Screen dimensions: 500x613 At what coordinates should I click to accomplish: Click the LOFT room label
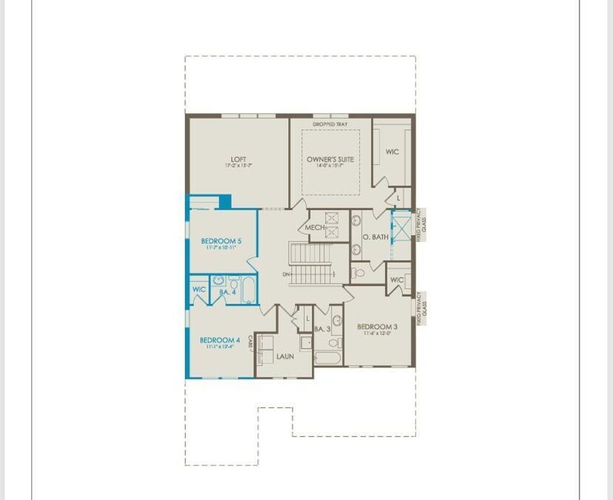pyautogui.click(x=238, y=159)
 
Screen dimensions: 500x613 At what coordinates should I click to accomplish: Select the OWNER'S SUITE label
pyautogui.click(x=330, y=159)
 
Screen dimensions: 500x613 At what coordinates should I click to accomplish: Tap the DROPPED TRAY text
pyautogui.click(x=330, y=125)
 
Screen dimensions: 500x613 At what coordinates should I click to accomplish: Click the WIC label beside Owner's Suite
pyautogui.click(x=392, y=152)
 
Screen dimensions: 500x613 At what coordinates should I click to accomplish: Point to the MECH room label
pyautogui.click(x=314, y=228)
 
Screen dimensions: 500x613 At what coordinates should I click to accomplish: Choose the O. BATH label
pyautogui.click(x=376, y=237)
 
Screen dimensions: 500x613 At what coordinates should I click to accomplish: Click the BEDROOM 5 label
pyautogui.click(x=221, y=241)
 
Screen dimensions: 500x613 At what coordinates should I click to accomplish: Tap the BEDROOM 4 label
pyautogui.click(x=220, y=340)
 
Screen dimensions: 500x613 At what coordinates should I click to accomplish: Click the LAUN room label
pyautogui.click(x=285, y=356)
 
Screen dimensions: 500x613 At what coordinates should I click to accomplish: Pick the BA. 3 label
pyautogui.click(x=322, y=329)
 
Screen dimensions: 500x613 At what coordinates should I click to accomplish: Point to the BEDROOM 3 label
pyautogui.click(x=377, y=327)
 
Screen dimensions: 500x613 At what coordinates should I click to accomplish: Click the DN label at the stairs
pyautogui.click(x=286, y=275)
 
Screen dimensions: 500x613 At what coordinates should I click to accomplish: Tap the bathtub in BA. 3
pyautogui.click(x=327, y=358)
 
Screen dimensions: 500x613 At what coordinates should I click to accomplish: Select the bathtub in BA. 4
pyautogui.click(x=248, y=290)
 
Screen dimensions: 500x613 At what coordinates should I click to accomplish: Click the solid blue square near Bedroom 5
pyautogui.click(x=225, y=202)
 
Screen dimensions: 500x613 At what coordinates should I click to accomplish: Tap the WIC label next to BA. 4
pyautogui.click(x=199, y=290)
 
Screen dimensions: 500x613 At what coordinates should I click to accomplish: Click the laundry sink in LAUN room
pyautogui.click(x=306, y=343)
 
